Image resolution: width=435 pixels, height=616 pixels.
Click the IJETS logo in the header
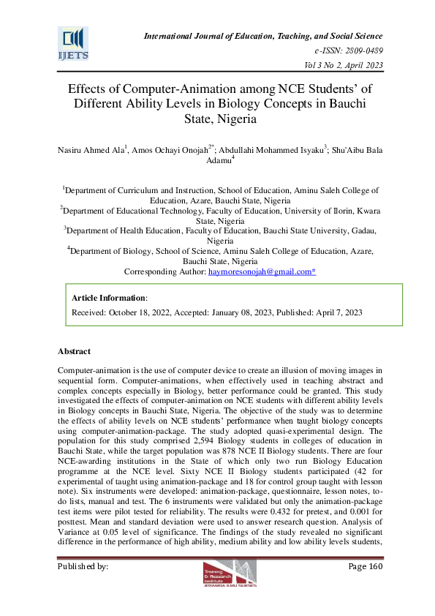[x=73, y=43]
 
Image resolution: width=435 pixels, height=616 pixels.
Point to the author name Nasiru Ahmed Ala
[x=88, y=150]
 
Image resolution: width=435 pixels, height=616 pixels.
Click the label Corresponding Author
[x=164, y=271]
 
